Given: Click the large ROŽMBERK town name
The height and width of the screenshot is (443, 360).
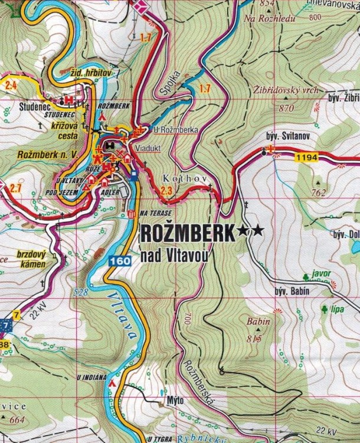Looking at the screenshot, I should click(x=187, y=234).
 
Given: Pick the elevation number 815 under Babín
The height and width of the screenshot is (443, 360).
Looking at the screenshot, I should click(x=255, y=338).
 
